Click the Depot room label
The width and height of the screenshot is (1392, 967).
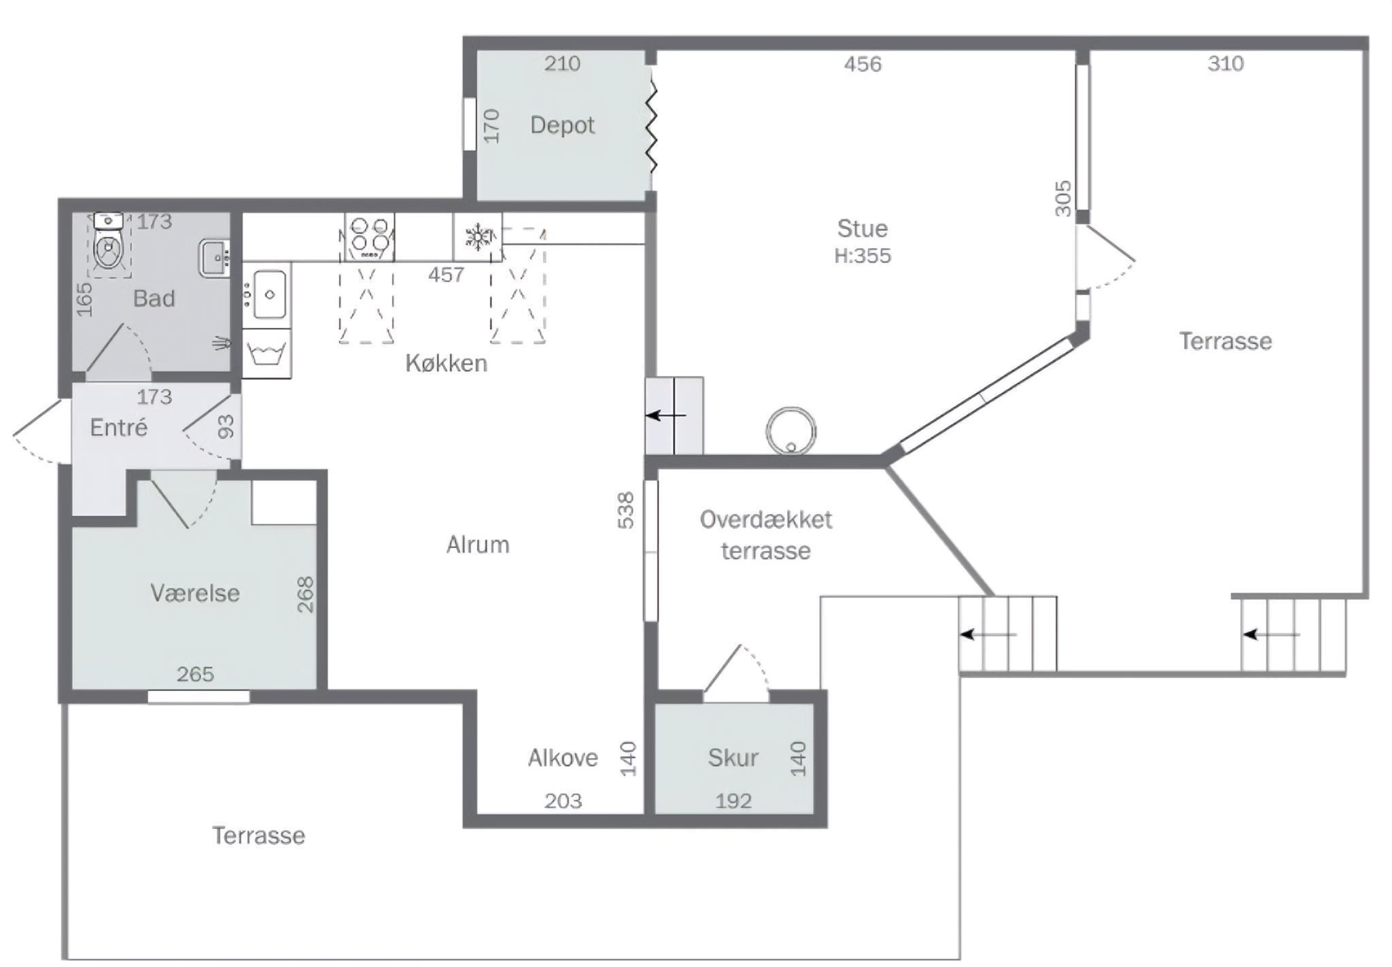(562, 125)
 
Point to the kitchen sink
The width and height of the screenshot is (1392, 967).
(270, 294)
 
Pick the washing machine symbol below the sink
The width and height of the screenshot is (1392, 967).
(266, 354)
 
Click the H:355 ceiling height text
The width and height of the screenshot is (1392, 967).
(863, 256)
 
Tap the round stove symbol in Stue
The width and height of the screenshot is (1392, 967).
(790, 430)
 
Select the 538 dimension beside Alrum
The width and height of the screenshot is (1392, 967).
(625, 510)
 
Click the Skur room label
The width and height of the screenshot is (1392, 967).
(733, 758)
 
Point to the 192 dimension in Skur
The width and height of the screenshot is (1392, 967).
(733, 801)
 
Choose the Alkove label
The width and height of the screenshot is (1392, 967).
(563, 758)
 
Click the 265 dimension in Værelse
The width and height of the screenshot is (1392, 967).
(195, 674)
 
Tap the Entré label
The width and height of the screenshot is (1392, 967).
(119, 427)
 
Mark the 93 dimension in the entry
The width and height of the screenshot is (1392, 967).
(226, 426)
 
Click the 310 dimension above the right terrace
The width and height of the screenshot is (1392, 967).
(1225, 64)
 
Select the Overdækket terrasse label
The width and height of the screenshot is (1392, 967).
(766, 535)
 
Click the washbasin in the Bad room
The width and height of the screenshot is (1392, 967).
(214, 258)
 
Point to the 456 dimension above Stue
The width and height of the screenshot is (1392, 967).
(863, 64)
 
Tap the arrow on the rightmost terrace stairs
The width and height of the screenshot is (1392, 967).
(1271, 635)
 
